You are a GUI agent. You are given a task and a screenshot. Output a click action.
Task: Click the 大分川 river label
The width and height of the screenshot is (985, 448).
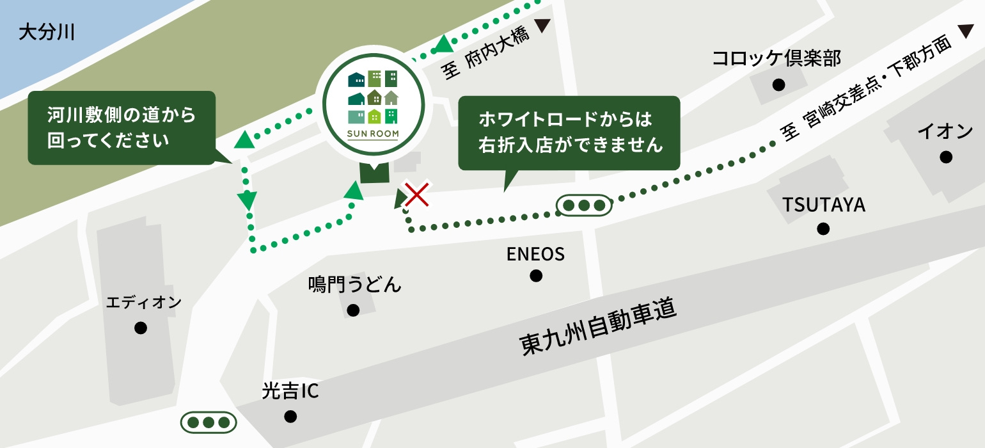47,32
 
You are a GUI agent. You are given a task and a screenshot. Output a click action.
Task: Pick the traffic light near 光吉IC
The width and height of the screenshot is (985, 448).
209,422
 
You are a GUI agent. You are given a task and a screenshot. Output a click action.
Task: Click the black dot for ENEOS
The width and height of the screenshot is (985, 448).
536,276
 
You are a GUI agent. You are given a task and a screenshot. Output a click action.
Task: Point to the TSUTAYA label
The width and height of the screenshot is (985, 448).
824,205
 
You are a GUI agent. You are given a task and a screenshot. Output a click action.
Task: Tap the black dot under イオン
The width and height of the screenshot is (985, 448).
946,157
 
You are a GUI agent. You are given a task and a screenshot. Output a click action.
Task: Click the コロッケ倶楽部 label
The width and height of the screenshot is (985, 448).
776,60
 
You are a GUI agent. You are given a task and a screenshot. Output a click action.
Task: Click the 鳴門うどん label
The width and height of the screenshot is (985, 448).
354,284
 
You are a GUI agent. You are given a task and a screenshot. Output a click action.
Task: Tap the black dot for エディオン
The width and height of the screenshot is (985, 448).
141,328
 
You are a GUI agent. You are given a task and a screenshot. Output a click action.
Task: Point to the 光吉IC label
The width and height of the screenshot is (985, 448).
290,391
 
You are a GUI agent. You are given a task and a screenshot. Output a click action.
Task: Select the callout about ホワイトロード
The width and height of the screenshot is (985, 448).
569,133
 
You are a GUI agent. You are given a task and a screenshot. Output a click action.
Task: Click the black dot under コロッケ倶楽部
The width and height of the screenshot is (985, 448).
778,84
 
